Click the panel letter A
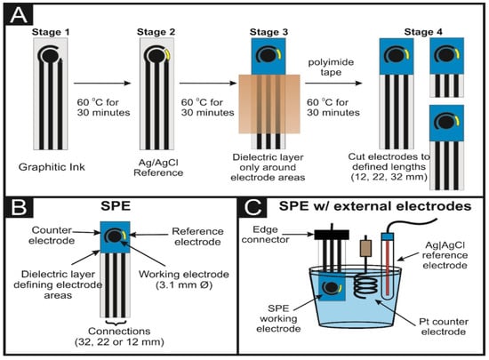(19, 16)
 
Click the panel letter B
(19, 207)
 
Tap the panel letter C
(253, 207)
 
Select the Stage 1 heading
(51, 32)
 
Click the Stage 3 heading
(269, 32)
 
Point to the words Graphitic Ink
(52, 167)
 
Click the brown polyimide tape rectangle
(269, 104)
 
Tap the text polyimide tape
(331, 67)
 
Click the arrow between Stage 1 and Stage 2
(102, 83)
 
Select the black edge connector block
(332, 235)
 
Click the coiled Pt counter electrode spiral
(365, 286)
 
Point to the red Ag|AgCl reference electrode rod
(387, 268)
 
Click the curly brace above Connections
(116, 323)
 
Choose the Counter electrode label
(52, 236)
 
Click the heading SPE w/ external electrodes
(375, 206)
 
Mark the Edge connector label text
(266, 235)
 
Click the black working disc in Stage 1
(49, 56)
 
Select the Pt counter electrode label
(444, 326)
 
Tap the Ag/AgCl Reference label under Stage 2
(158, 168)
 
